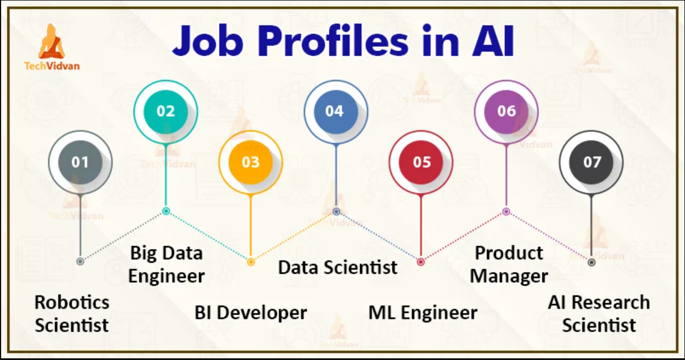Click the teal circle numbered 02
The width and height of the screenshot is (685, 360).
pos(165,111)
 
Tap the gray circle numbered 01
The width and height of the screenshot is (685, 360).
pos(80,162)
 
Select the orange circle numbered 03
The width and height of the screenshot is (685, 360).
pos(250,162)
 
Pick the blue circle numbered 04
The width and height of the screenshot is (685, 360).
pos(336,111)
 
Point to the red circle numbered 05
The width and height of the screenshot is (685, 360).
pos(421,162)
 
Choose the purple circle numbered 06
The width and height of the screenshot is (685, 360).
pos(506,111)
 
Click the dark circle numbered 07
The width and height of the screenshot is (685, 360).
pos(591,162)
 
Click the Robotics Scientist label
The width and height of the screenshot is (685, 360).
pos(72,313)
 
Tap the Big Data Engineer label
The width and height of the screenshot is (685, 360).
pos(166,265)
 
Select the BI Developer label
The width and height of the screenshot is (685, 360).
pos(250,313)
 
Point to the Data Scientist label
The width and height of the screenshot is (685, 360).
pos(337,267)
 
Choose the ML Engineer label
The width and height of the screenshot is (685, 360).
pos(423,313)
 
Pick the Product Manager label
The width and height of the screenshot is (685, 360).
pos(509,265)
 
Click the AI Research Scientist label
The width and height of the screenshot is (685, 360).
pos(599,313)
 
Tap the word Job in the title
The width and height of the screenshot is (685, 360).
pos(208,42)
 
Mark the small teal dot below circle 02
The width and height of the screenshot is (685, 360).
pos(166,211)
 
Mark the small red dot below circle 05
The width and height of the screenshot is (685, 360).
pos(421,262)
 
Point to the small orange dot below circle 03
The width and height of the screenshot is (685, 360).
pos(250,262)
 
